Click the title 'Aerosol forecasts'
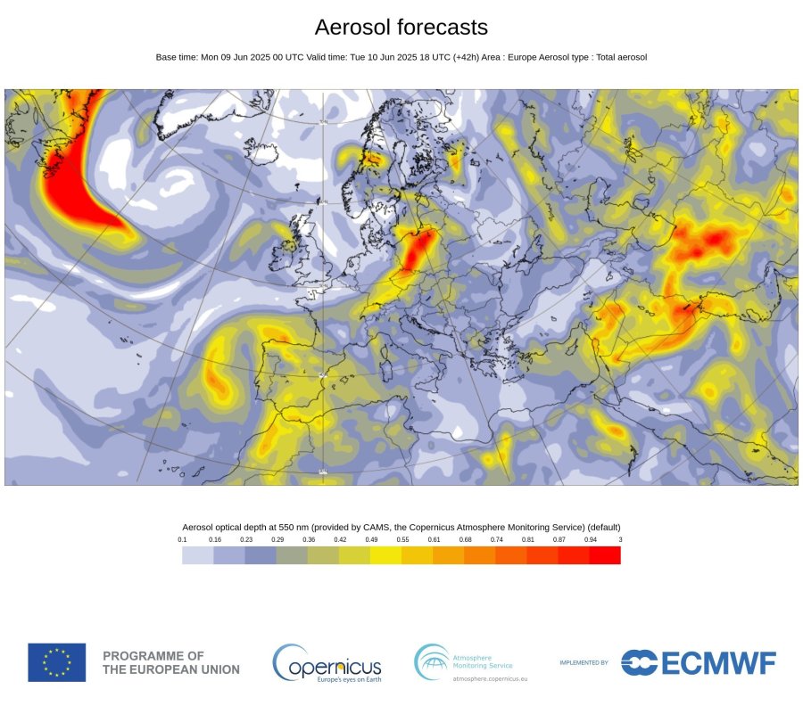coord(401,27)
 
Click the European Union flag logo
coord(57,662)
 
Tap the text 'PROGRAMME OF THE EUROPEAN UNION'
coord(171,662)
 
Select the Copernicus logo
coord(327,663)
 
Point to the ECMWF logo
coord(699,662)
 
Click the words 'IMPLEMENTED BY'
coord(584,663)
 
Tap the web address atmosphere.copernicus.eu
coord(490,679)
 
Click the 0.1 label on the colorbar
coord(182,540)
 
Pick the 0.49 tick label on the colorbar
coord(370,540)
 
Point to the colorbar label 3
coord(620,540)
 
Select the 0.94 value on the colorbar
coord(590,540)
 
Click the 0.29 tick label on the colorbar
coord(277,540)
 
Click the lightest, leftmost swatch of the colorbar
coord(197,555)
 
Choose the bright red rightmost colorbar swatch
coord(605,555)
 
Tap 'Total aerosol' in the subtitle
coord(619,57)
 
